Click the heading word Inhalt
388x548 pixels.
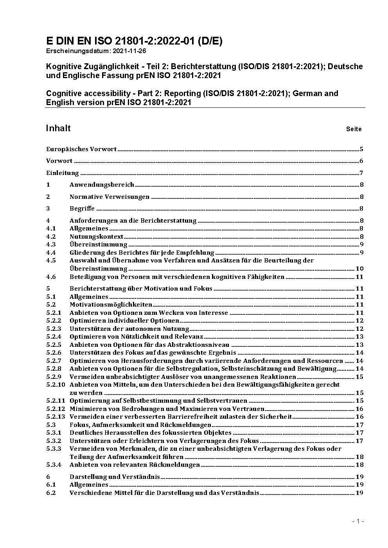pos(58,128)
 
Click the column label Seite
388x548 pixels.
pos(354,129)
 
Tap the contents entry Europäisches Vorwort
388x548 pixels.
pos(81,149)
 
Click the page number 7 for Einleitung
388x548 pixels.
pos(362,173)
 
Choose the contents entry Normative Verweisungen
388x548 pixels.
pos(110,196)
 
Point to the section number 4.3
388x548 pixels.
pos(51,245)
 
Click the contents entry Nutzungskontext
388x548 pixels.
pos(97,236)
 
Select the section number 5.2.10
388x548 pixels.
pos(55,384)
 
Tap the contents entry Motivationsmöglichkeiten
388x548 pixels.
pos(111,304)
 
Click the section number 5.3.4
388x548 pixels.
pos(54,464)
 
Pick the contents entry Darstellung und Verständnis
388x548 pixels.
pos(115,477)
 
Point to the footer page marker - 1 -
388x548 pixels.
pos(358,521)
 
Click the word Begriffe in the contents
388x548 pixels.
pos(82,208)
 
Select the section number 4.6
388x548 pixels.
pos(51,277)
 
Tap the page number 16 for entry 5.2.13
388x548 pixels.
pos(359,416)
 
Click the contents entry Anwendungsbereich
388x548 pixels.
pos(102,184)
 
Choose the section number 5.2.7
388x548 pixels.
pos(54,361)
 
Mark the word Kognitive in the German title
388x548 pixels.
pos(63,66)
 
